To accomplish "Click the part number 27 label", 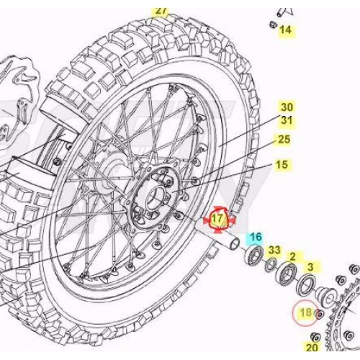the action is coord(161,12).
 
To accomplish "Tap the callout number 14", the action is coord(286,30).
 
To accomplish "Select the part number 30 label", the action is coord(287,107).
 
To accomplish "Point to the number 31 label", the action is coord(287,120).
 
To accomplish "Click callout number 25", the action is coord(284,139).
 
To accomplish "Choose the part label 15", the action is coord(282,165).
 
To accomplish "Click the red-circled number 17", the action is coord(217,219).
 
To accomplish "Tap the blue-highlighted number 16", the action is coord(256,237).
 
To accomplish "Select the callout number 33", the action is coord(274,250).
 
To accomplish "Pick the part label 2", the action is coord(292,257).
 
